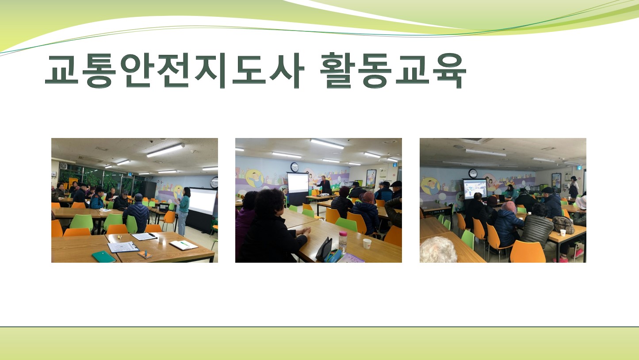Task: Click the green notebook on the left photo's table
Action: (104, 257)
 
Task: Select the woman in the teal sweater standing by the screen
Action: (184, 211)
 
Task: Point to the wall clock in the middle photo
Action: (295, 168)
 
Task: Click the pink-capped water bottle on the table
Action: (343, 242)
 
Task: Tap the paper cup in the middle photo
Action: (367, 244)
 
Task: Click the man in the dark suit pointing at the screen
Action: (324, 185)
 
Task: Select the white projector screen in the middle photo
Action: (298, 183)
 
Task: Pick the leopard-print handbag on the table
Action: (563, 225)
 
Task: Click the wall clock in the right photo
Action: (473, 173)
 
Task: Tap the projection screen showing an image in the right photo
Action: (475, 189)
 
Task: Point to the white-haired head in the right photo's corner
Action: (438, 250)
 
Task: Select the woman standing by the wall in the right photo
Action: (574, 187)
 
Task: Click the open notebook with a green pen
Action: (184, 245)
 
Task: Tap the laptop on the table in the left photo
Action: (164, 207)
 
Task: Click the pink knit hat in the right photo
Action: (509, 207)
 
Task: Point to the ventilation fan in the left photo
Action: (63, 166)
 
